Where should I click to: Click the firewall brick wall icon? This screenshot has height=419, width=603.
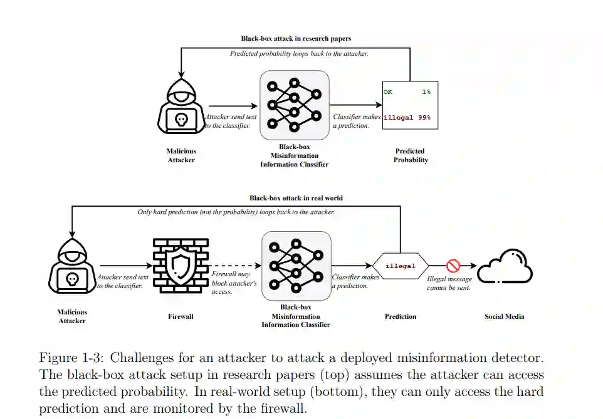tap(181, 266)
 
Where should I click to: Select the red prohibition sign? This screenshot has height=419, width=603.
tap(453, 266)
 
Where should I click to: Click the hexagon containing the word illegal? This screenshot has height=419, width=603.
tap(401, 266)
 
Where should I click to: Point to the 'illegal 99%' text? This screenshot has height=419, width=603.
tap(407, 118)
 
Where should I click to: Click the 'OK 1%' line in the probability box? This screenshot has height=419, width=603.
tap(407, 92)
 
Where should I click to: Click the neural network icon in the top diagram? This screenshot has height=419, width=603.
tap(295, 105)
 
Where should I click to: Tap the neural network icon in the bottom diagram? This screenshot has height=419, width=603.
tap(296, 266)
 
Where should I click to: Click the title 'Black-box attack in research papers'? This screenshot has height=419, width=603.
tap(296, 39)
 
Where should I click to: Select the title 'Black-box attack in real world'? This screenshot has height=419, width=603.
tap(296, 198)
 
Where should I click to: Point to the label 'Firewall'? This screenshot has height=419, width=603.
tap(181, 316)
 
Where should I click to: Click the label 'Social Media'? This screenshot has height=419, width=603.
tap(504, 316)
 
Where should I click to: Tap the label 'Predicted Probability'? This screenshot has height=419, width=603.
tap(411, 155)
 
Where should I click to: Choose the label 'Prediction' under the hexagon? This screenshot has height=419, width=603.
tap(401, 316)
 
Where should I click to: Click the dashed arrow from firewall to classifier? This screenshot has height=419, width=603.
tap(234, 266)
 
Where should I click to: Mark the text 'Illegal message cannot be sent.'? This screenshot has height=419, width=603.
tap(448, 283)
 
